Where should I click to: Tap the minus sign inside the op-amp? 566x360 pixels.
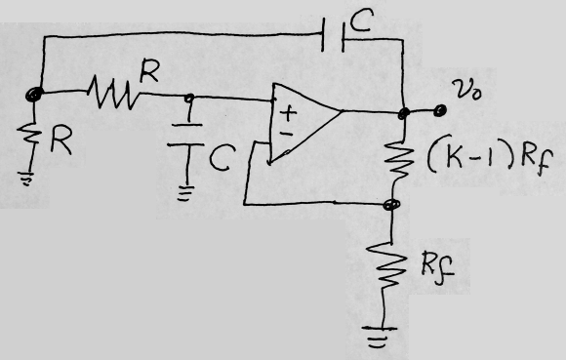(286, 134)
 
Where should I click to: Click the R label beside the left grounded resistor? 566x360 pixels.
(61, 143)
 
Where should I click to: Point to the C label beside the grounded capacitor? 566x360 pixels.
(221, 158)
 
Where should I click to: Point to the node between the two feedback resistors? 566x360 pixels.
(393, 206)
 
